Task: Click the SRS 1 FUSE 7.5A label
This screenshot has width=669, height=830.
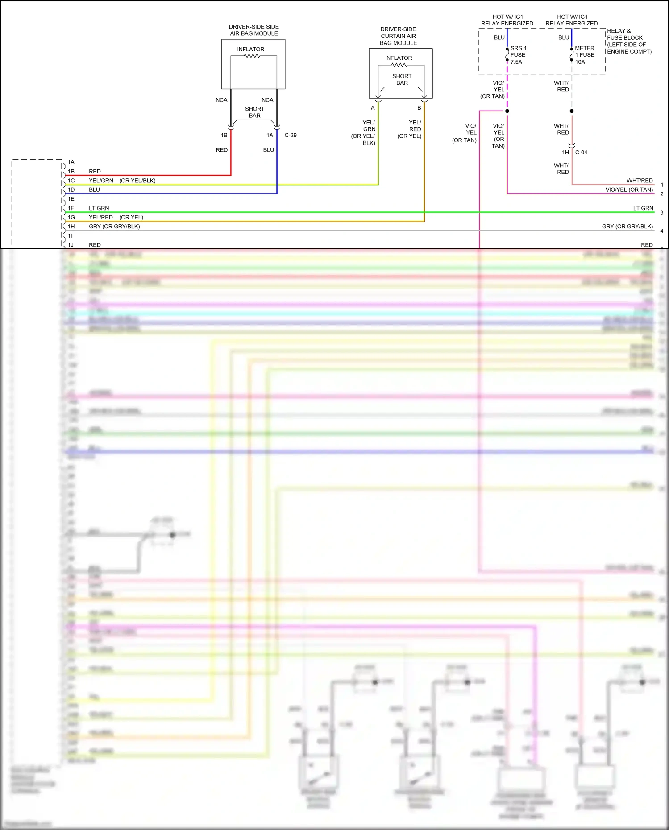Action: point(518,55)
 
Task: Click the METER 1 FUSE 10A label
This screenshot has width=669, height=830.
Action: point(584,55)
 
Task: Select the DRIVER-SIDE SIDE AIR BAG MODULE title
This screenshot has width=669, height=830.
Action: point(253,30)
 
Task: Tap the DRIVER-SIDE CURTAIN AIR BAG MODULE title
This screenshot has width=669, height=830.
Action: point(398,36)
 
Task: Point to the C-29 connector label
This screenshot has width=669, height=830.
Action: point(291,135)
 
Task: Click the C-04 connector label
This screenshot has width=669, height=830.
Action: point(581,153)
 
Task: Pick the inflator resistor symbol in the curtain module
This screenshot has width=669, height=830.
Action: point(399,65)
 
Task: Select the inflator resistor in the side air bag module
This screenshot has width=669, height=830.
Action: point(252,56)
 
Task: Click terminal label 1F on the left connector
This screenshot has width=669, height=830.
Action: point(71,208)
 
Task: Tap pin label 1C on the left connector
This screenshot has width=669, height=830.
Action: point(71,181)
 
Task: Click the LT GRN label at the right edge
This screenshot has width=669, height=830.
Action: point(643,208)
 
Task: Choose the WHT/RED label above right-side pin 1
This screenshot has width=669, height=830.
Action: point(639,181)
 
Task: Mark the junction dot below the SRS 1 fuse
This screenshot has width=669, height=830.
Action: point(507,111)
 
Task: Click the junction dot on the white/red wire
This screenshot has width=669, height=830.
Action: point(572,111)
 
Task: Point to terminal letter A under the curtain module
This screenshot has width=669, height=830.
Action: point(373,108)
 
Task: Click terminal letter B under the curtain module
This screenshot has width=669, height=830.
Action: point(419,108)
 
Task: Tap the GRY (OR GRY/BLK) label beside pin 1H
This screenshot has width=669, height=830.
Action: point(114,227)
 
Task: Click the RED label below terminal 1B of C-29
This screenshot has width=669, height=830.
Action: point(221,150)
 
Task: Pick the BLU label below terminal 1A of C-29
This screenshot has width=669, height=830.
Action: point(268,150)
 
